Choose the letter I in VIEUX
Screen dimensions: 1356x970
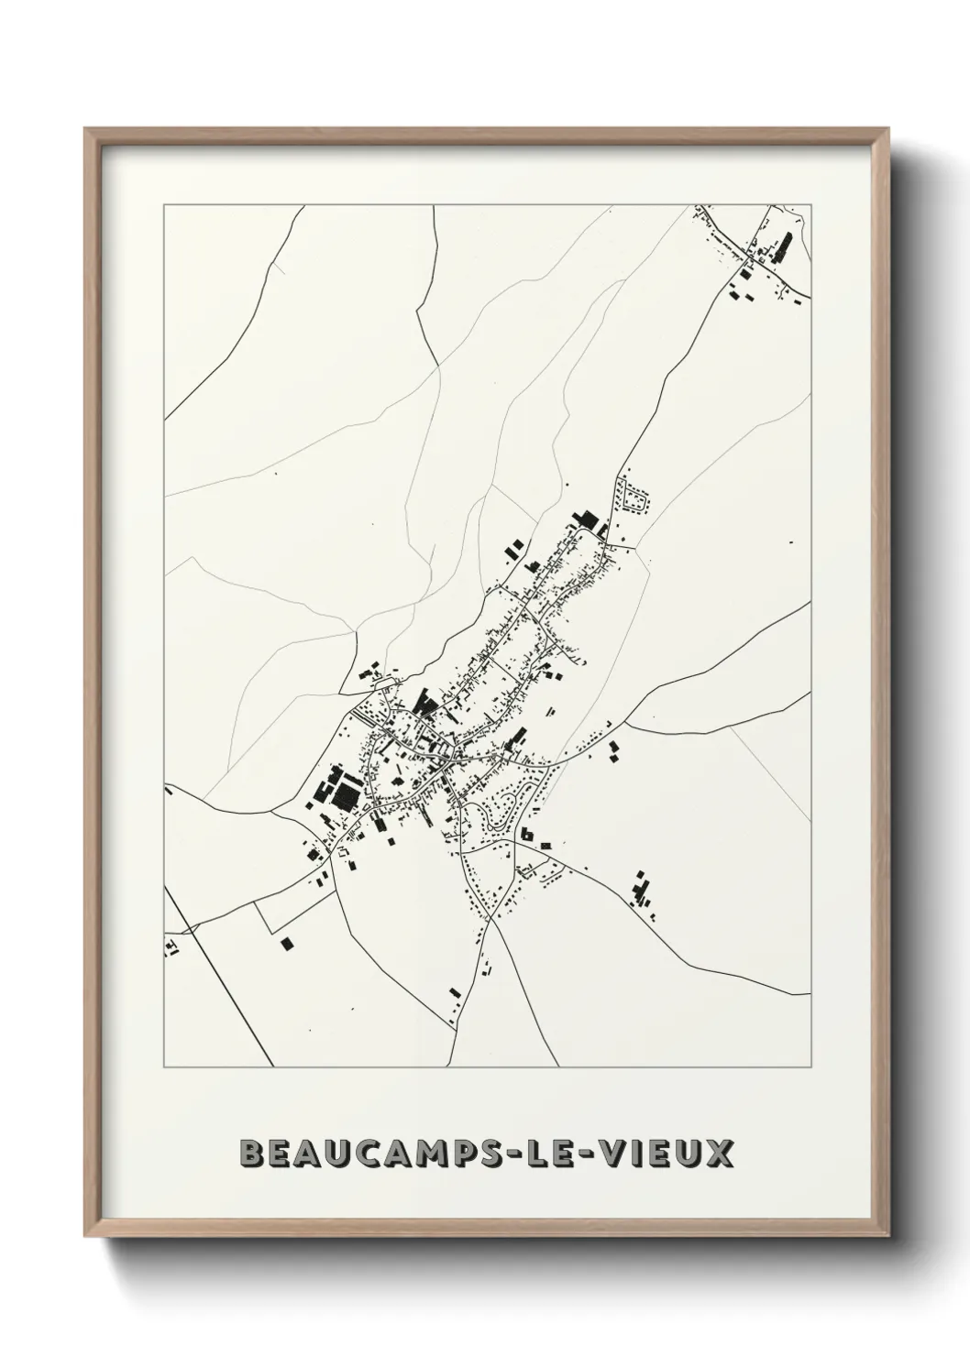point(624,1153)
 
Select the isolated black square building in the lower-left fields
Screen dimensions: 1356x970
point(287,943)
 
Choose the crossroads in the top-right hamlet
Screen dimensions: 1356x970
point(749,266)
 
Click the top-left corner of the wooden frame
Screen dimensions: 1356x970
point(86,130)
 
